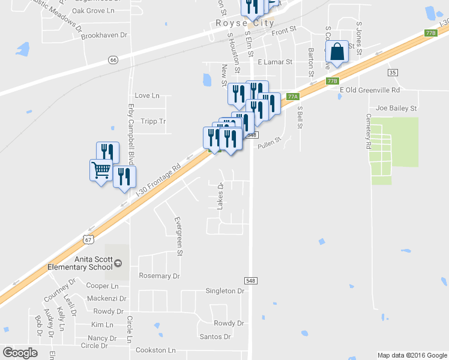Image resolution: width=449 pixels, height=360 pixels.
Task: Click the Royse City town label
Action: [244, 23]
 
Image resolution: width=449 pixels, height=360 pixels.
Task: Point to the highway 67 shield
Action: [88, 239]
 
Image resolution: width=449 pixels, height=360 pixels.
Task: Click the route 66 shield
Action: [113, 59]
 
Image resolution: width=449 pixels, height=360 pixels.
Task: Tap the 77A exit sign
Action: [292, 97]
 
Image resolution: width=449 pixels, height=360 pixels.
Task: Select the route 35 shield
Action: [393, 73]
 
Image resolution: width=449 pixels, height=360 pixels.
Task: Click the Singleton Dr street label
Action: [225, 291]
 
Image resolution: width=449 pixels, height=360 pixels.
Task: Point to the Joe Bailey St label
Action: [396, 108]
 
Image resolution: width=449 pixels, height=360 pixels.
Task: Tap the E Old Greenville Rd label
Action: [369, 90]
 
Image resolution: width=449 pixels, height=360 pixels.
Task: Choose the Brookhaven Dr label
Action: [104, 35]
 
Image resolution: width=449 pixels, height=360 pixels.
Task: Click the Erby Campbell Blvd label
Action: [130, 126]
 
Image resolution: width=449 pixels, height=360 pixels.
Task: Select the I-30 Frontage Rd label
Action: [158, 179]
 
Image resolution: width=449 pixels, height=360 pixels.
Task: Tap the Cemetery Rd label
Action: [368, 131]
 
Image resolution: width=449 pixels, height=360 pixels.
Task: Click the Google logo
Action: [20, 353]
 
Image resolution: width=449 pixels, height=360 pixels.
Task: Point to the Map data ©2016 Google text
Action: [411, 355]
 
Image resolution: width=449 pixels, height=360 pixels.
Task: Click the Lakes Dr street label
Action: [220, 196]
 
